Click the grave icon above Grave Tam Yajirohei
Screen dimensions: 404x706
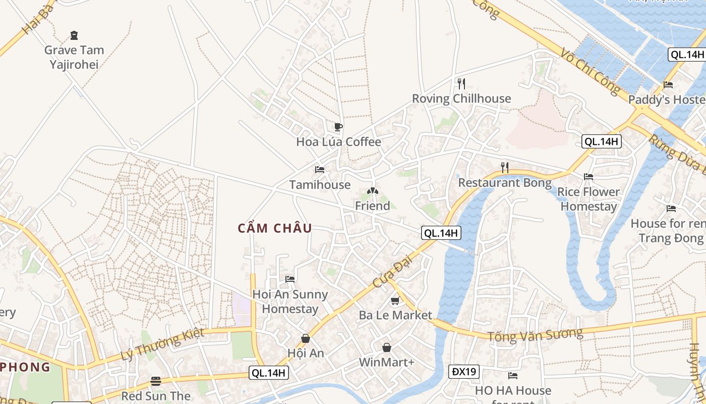(x=74, y=35)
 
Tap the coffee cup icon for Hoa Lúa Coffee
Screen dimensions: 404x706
(x=338, y=127)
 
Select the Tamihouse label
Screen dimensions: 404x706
(x=320, y=185)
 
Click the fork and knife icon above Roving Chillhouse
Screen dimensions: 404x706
(x=461, y=83)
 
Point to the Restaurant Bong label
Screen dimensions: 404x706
(x=504, y=182)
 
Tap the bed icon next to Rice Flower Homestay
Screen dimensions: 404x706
(x=588, y=177)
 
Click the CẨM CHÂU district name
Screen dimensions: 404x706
(x=275, y=228)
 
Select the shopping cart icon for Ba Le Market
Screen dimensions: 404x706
(x=395, y=301)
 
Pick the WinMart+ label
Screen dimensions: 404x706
(x=386, y=362)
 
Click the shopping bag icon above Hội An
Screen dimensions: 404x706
(x=305, y=338)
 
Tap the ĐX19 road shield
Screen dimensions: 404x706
(x=463, y=372)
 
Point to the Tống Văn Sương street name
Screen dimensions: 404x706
(x=535, y=334)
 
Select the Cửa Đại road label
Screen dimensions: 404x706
(x=393, y=273)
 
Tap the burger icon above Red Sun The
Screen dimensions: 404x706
(x=156, y=381)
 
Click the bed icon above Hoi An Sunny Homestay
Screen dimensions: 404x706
(x=290, y=279)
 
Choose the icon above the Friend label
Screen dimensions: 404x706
(x=373, y=191)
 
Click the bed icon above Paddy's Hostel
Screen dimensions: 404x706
(x=668, y=85)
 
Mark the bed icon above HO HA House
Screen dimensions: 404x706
(x=513, y=376)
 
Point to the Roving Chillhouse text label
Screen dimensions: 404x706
(x=461, y=98)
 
